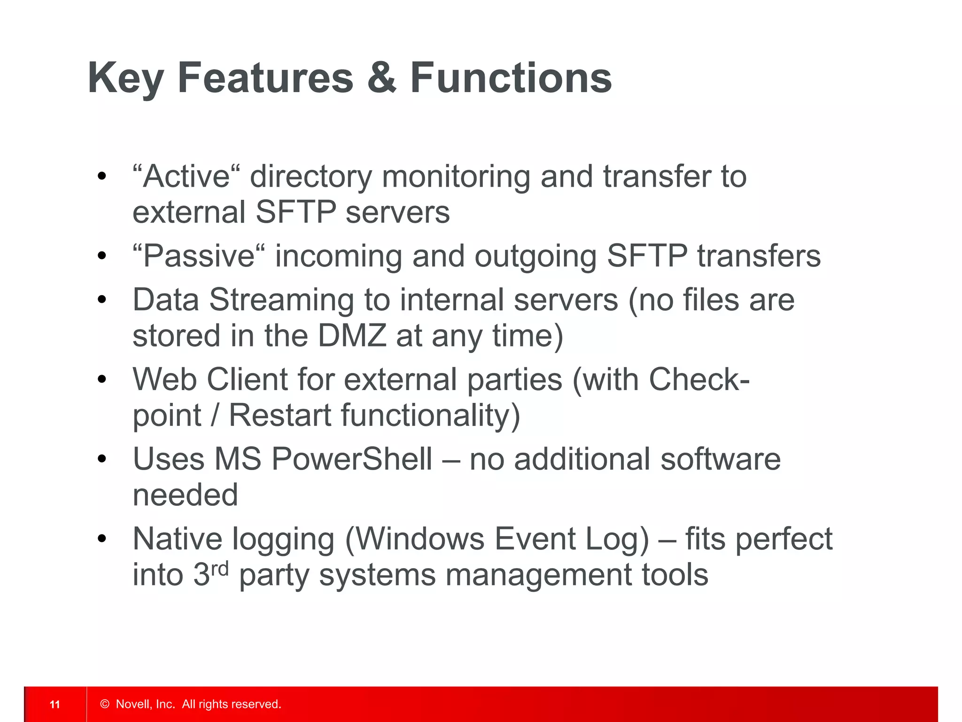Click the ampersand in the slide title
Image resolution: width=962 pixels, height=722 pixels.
(x=381, y=78)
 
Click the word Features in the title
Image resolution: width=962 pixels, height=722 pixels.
(x=265, y=78)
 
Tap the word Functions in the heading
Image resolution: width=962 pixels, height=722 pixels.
(x=511, y=78)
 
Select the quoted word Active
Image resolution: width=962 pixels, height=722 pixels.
(x=186, y=177)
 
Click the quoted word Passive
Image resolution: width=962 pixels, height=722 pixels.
(x=199, y=257)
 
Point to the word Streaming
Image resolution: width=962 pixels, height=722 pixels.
(x=281, y=300)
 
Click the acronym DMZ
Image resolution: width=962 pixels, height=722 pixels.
(x=352, y=336)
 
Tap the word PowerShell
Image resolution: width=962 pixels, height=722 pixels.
(x=351, y=459)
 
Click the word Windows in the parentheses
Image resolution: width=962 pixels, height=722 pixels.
(x=420, y=539)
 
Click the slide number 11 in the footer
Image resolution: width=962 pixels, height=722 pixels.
(x=55, y=704)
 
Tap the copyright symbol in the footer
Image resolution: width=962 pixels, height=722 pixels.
(x=105, y=704)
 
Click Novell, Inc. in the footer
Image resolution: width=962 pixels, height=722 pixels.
(x=145, y=704)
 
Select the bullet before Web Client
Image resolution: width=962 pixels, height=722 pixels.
(x=102, y=379)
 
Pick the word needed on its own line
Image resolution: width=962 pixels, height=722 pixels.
(x=186, y=495)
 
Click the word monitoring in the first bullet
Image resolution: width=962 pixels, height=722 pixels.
(x=455, y=177)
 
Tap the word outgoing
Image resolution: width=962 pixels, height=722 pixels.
(x=535, y=257)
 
